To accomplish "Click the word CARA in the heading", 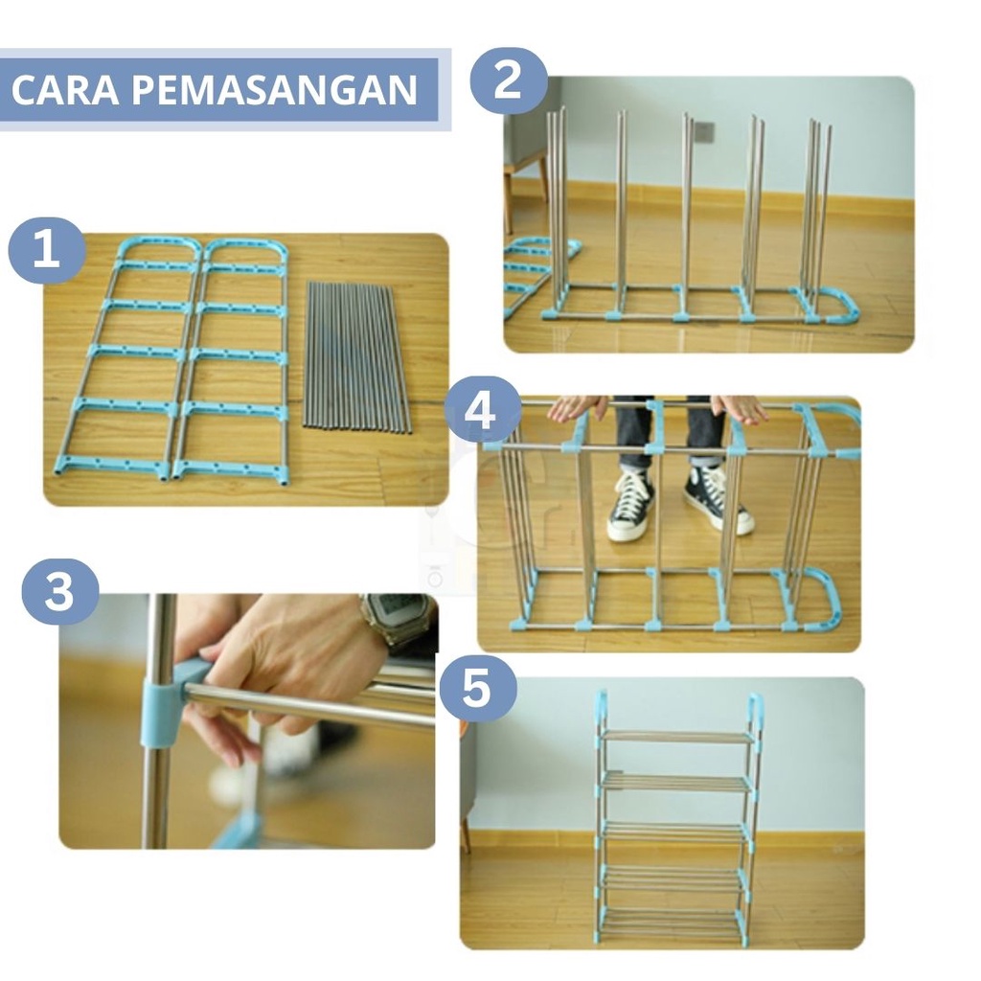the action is pyautogui.click(x=65, y=89).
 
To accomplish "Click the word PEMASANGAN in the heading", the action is pyautogui.click(x=274, y=89).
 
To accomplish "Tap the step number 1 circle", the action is pyautogui.click(x=46, y=250).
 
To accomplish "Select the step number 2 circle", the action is pyautogui.click(x=508, y=80).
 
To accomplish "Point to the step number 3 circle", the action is pyautogui.click(x=60, y=591).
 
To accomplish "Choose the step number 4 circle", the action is pyautogui.click(x=482, y=410).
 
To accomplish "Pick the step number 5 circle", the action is pyautogui.click(x=478, y=688).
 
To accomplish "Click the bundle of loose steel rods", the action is pyautogui.click(x=356, y=357).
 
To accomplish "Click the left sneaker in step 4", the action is pyautogui.click(x=630, y=506).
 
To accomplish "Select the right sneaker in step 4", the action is pyautogui.click(x=717, y=499).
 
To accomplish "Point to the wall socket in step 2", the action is pyautogui.click(x=703, y=130).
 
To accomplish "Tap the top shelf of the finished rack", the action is pyautogui.click(x=678, y=737).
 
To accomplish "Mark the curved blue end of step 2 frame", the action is pyautogui.click(x=834, y=305).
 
